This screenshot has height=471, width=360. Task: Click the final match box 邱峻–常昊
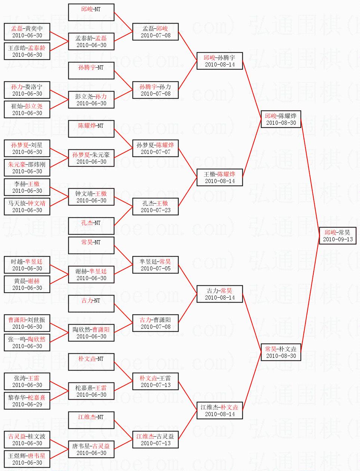pyautogui.click(x=338, y=236)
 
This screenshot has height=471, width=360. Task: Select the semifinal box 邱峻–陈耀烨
pyautogui.click(x=281, y=119)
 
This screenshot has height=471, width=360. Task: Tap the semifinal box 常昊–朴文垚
pyautogui.click(x=281, y=352)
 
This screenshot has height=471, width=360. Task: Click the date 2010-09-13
pyautogui.click(x=338, y=239)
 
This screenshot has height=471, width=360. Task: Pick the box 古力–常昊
pyautogui.click(x=220, y=294)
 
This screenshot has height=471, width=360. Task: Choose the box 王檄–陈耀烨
pyautogui.click(x=220, y=177)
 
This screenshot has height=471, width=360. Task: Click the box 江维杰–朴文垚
pyautogui.click(x=220, y=410)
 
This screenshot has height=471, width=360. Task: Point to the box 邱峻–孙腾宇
pyautogui.click(x=220, y=61)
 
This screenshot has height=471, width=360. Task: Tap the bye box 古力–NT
pyautogui.click(x=91, y=304)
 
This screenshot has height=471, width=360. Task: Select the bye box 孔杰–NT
pyautogui.click(x=91, y=226)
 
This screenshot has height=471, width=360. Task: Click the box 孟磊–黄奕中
pyautogui.click(x=27, y=32)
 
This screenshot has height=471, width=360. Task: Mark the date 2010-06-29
pyautogui.click(x=27, y=405)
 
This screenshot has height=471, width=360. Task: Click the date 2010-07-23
pyautogui.click(x=155, y=210)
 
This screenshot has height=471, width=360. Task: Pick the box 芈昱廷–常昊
pyautogui.click(x=155, y=265)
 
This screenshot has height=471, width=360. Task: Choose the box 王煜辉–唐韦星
pyautogui.click(x=27, y=459)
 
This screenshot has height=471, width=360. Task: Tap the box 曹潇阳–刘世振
pyautogui.click(x=27, y=323)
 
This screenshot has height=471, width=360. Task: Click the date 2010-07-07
pyautogui.click(x=155, y=152)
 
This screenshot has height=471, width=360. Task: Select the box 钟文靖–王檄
pyautogui.click(x=91, y=197)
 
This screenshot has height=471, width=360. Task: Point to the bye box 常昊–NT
pyautogui.click(x=91, y=245)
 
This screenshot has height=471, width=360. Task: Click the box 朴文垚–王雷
pyautogui.click(x=155, y=381)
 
